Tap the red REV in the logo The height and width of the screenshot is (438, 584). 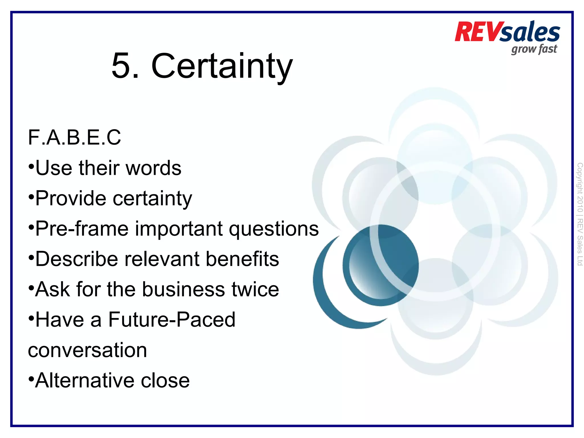[x=477, y=32]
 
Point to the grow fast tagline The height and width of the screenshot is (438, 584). [x=534, y=49]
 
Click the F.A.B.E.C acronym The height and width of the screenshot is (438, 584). [x=74, y=138]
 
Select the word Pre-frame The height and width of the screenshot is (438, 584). [x=82, y=229]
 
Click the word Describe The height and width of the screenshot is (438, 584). [x=76, y=259]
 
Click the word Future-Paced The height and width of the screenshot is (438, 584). [x=172, y=320]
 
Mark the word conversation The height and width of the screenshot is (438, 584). [x=87, y=350]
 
